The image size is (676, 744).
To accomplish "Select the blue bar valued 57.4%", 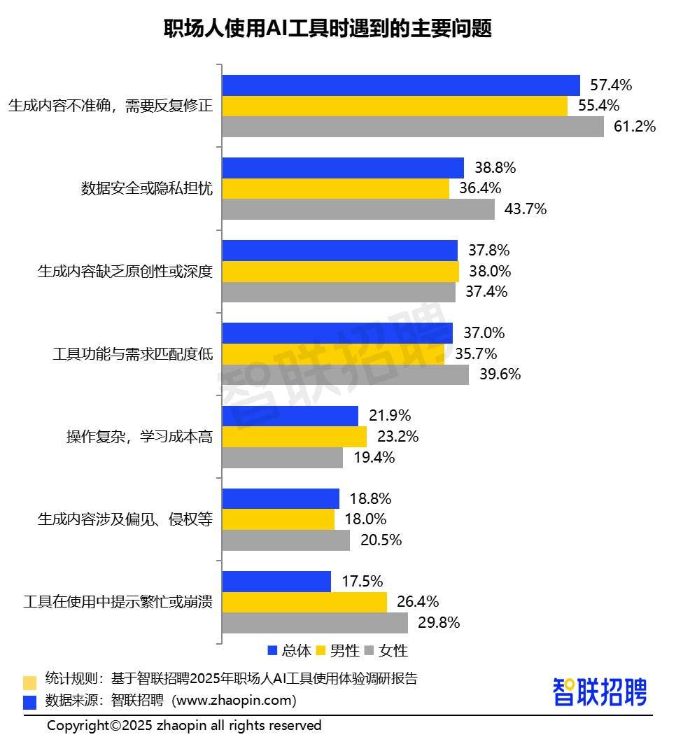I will tap(401, 85).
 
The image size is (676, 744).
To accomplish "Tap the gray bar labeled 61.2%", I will tap(413, 127).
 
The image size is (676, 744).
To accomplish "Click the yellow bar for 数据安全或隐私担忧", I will tap(336, 188).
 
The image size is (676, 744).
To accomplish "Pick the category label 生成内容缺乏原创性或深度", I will tap(125, 271).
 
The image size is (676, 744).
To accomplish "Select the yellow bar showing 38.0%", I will tap(341, 271).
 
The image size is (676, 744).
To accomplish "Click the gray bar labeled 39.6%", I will tap(346, 374).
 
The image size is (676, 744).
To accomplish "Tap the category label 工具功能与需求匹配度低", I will tap(132, 353).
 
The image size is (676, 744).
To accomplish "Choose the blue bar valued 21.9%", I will tap(290, 416).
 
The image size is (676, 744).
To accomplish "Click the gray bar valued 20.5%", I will tap(286, 540).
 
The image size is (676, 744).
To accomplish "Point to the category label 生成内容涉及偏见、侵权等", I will tap(125, 519).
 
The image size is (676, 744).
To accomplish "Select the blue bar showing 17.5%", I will tap(277, 582).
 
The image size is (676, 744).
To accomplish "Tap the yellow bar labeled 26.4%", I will tap(304, 602).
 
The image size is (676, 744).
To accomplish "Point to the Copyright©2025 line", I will tap(184, 725).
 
